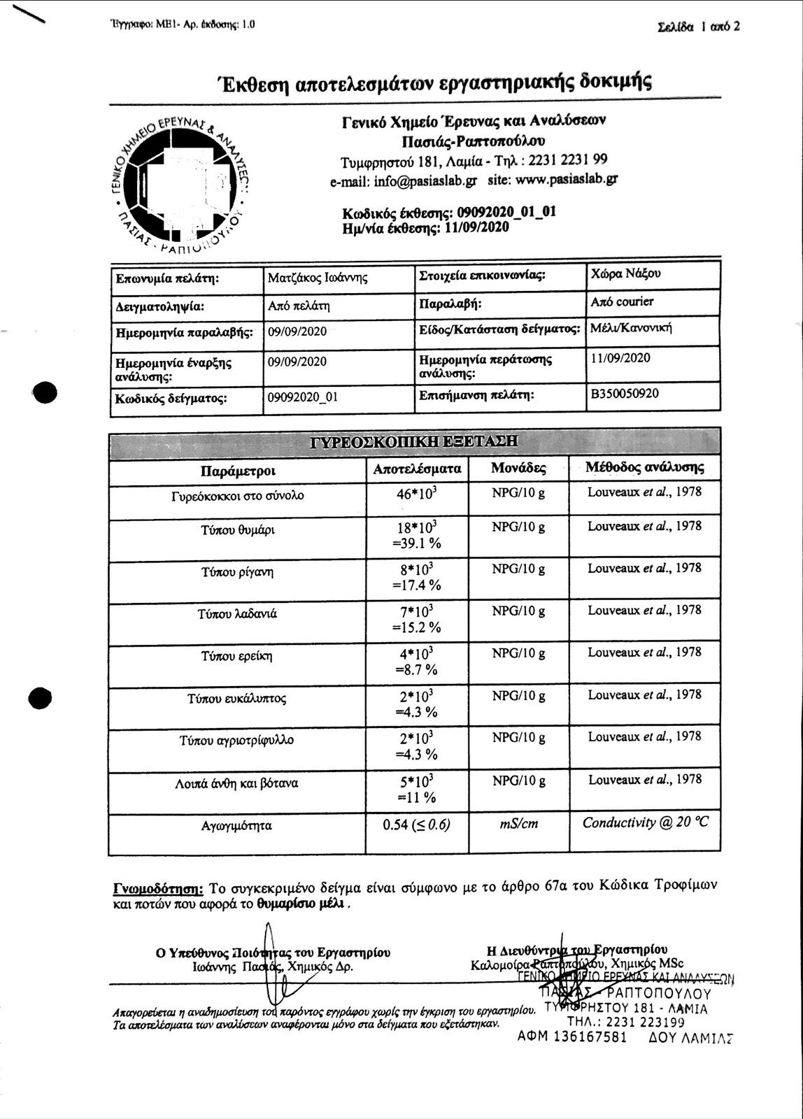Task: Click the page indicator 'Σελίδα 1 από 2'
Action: click(699, 27)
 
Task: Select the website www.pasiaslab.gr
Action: click(566, 180)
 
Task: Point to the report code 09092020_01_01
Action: click(506, 213)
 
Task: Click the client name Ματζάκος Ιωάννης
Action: click(318, 278)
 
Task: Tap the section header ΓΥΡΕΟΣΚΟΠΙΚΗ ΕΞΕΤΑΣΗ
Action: click(414, 441)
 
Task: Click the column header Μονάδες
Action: click(518, 468)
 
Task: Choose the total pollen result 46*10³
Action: click(417, 494)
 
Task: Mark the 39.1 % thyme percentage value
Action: click(417, 544)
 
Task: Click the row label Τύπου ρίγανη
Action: click(238, 572)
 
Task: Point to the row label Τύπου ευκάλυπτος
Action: click(237, 699)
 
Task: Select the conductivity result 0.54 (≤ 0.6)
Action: click(416, 825)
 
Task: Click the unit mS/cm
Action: click(518, 824)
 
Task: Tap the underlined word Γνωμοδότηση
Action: click(158, 889)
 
